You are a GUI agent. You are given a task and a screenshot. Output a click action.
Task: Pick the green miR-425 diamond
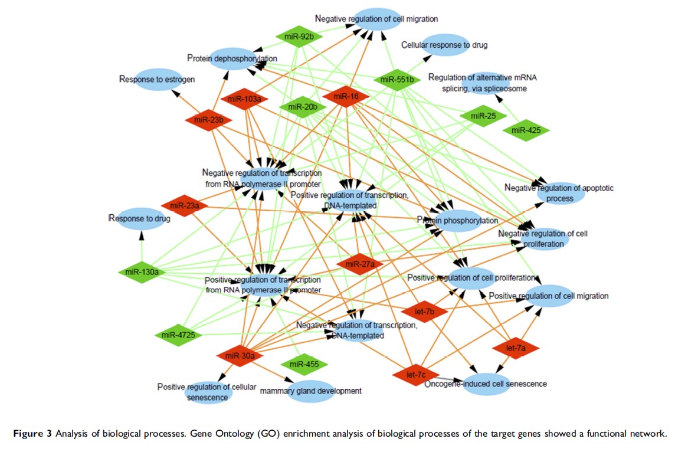pos(526,130)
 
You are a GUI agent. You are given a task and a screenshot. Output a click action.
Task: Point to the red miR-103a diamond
pos(244,99)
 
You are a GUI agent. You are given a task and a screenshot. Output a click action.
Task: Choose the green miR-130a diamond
pos(142,272)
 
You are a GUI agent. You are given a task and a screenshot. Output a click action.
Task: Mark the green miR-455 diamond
pos(304,364)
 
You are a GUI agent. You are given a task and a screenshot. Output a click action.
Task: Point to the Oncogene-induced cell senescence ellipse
pos(485,384)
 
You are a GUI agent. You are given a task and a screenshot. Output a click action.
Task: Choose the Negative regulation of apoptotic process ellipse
pos(559,193)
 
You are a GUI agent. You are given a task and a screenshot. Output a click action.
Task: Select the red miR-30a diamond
pos(240,355)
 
